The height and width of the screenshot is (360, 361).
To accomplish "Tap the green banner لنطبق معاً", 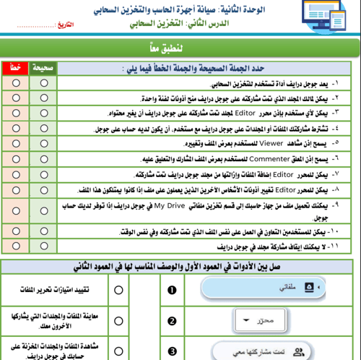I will click(180, 48).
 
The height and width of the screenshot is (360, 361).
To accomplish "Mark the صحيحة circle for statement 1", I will click(45, 82).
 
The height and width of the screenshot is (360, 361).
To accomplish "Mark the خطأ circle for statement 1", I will click(15, 82).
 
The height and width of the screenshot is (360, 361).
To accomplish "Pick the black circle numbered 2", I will click(172, 322).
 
